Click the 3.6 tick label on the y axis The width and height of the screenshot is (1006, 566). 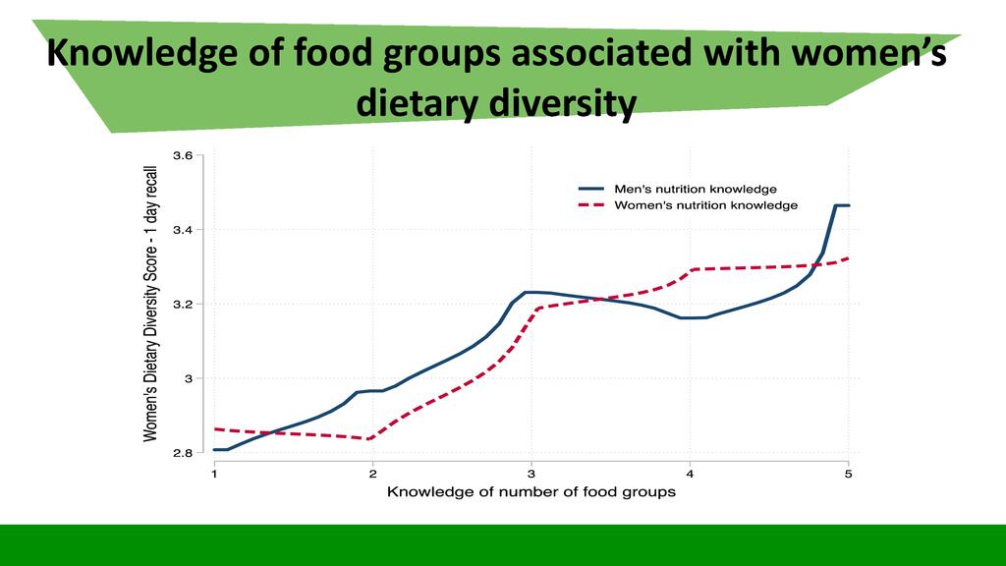pos(183,155)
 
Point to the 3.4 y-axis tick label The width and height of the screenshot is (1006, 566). pos(183,230)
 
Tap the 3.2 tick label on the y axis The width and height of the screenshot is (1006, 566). pos(183,304)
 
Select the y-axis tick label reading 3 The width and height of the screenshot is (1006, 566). pos(189,378)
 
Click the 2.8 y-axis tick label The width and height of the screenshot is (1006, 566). pos(183,453)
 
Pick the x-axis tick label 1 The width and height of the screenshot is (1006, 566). pos(214,474)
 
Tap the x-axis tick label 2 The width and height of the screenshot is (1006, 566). pos(372,474)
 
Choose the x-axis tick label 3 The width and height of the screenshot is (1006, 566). pos(531,474)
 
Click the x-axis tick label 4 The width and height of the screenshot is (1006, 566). pos(690,474)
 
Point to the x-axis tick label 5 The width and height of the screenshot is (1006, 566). pos(848,474)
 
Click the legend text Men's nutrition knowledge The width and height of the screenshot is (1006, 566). pos(696,189)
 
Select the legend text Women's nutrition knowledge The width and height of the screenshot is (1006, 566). pos(705,205)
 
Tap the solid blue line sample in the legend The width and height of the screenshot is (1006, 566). pos(589,189)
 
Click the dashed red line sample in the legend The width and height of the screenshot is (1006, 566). pos(589,205)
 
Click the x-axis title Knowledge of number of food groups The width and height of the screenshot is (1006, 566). pos(531,491)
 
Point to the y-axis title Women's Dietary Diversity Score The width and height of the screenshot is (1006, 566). pos(150,305)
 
